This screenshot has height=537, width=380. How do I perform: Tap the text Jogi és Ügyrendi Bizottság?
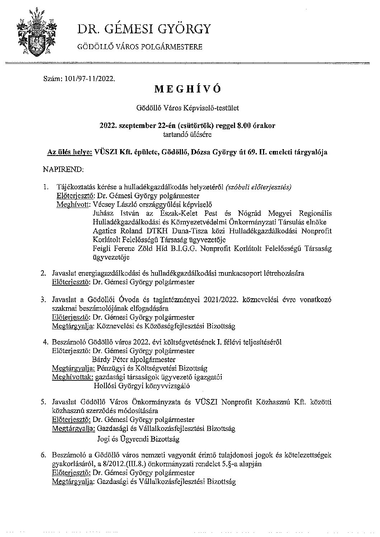tap(139, 438)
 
